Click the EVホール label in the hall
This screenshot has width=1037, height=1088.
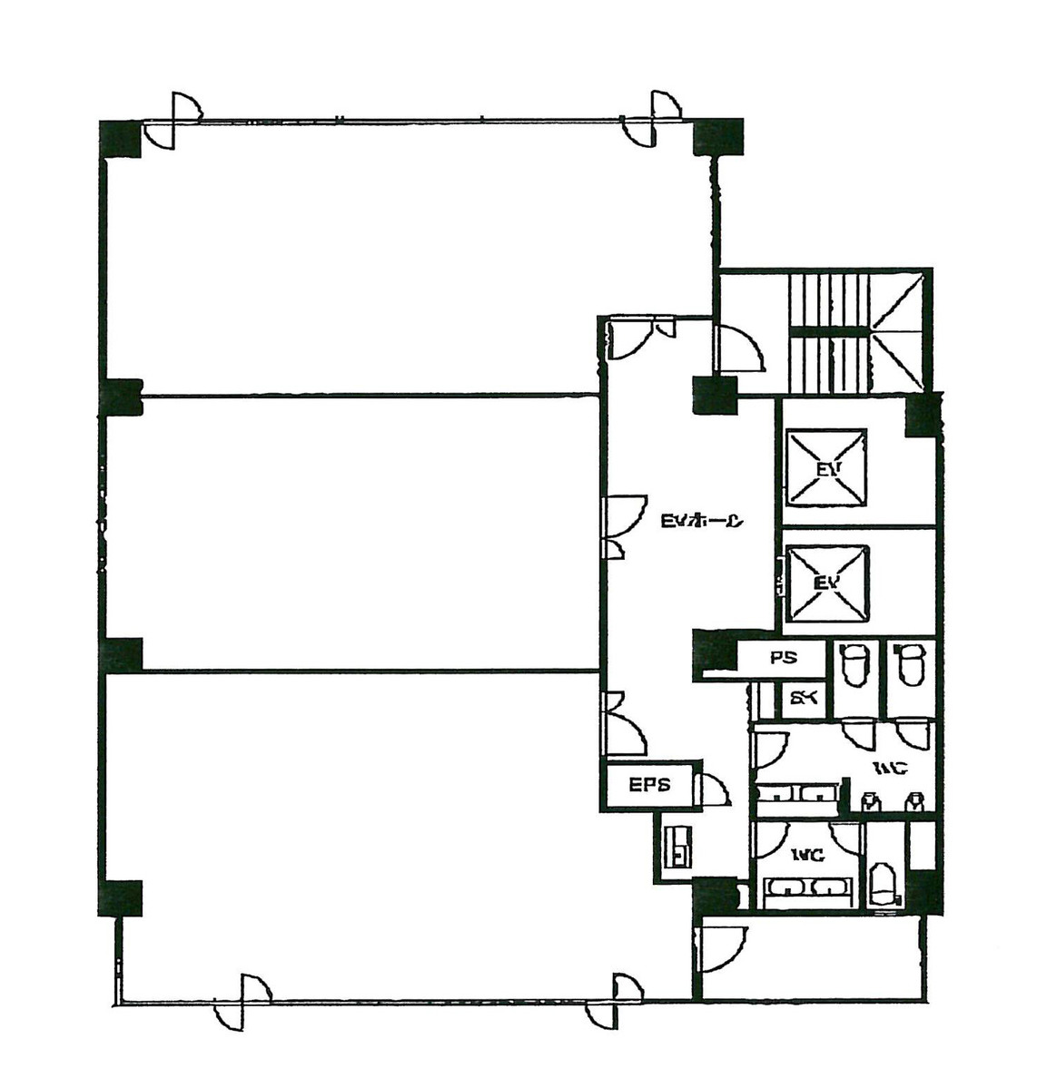702,521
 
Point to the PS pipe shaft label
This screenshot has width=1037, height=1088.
782,659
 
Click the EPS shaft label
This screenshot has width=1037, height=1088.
649,785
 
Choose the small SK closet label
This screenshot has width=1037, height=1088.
803,699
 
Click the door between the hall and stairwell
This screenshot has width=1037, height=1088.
740,348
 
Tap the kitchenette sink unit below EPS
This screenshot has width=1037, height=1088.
677,845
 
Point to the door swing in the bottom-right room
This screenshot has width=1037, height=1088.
723,949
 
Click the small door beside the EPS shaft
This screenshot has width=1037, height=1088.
712,789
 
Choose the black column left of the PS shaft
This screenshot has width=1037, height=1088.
714,653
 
